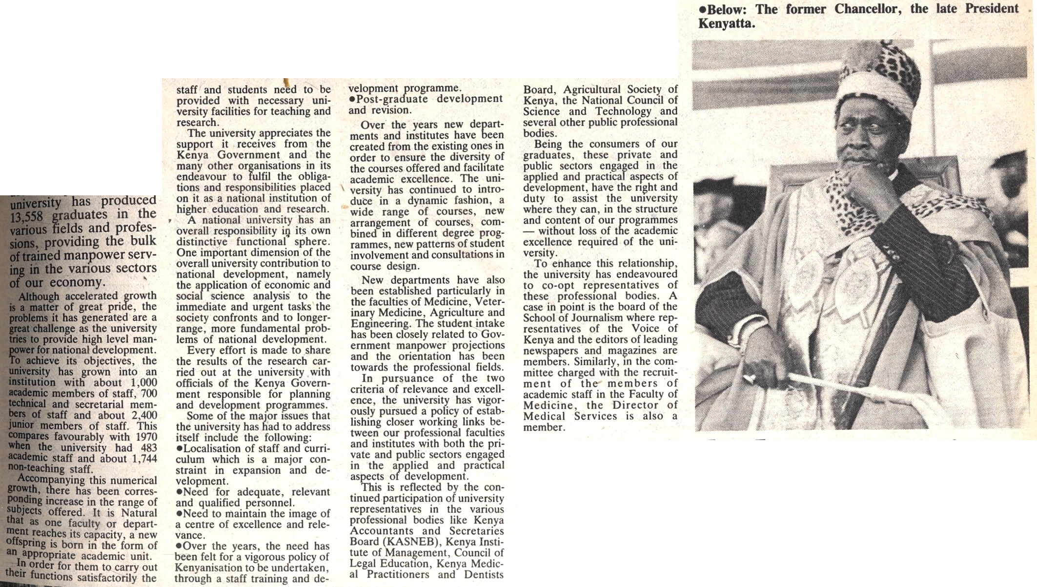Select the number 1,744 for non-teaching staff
(x=144, y=459)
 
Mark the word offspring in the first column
(x=27, y=544)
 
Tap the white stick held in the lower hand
(x=839, y=386)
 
